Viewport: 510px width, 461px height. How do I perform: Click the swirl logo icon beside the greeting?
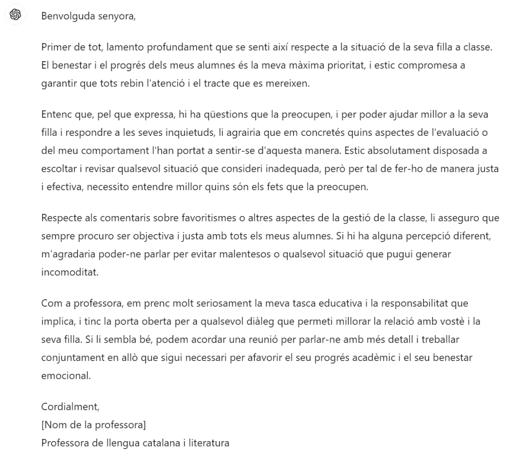pos(15,15)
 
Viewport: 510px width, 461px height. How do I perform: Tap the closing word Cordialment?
pos(70,407)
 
